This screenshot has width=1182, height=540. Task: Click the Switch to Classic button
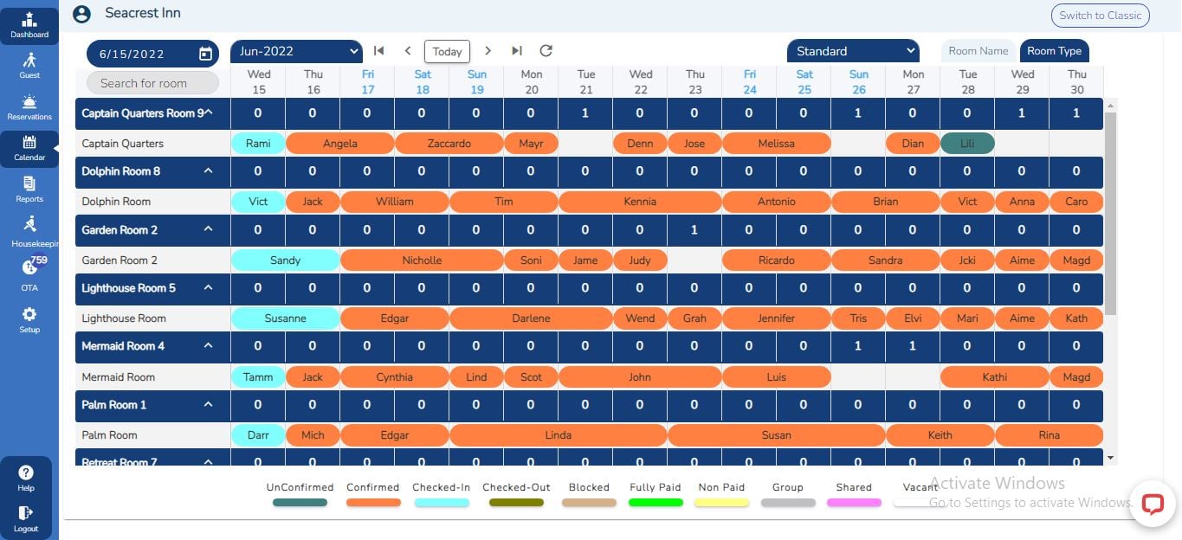(x=1100, y=15)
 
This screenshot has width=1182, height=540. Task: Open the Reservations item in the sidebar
(x=29, y=107)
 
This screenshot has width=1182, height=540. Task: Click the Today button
(x=447, y=51)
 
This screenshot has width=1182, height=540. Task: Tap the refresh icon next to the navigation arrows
(x=546, y=51)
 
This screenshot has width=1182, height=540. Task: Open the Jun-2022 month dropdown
(x=296, y=52)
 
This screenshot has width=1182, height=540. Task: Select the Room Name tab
(x=978, y=51)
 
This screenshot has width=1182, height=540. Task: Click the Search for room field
(x=152, y=83)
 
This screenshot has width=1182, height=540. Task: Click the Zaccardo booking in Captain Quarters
(x=449, y=144)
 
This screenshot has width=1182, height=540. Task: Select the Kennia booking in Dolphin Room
(x=640, y=202)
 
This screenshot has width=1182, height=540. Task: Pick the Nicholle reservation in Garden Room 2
(x=422, y=260)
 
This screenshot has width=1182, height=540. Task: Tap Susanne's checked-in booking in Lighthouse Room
(x=285, y=318)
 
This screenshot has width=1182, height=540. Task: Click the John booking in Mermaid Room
(x=640, y=377)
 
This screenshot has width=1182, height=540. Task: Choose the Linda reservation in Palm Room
(x=558, y=435)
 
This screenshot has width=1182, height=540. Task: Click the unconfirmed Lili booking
(x=967, y=144)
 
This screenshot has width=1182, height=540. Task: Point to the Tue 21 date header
(x=586, y=82)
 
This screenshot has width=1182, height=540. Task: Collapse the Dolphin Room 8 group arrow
(x=208, y=171)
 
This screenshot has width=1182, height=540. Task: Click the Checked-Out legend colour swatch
(x=516, y=502)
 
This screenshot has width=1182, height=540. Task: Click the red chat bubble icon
(x=1153, y=504)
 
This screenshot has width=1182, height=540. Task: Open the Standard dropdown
(x=852, y=52)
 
